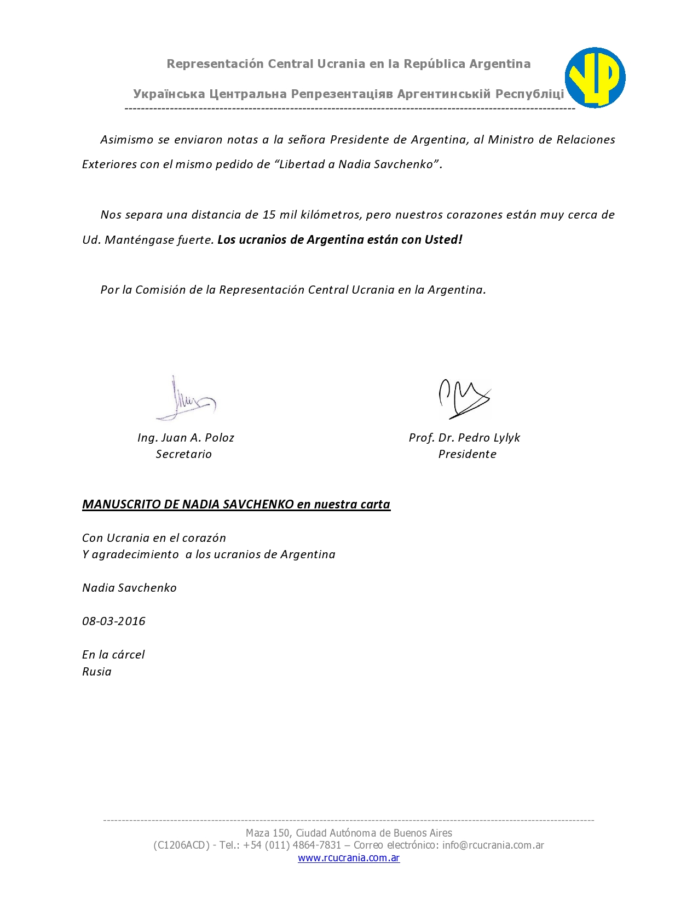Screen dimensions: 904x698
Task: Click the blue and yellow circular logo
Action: coord(595,77)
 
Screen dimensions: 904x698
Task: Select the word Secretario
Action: coord(184,454)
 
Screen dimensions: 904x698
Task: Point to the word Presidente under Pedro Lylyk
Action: coord(467,454)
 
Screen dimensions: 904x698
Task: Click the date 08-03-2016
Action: coord(114,621)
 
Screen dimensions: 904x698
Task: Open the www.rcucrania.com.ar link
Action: coord(349,858)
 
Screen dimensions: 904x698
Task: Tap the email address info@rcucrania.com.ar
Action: coord(493,845)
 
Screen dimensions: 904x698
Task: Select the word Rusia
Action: coord(97,672)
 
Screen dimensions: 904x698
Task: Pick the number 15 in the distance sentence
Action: coord(269,215)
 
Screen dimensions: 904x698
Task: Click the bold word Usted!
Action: coord(443,240)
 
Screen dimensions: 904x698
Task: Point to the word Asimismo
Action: coord(127,140)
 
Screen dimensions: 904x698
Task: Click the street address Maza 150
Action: coord(267,833)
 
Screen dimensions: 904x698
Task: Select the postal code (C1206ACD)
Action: coord(182,845)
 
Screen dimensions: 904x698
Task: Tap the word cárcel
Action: coord(129,655)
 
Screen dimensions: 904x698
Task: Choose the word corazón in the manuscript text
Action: coord(204,538)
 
